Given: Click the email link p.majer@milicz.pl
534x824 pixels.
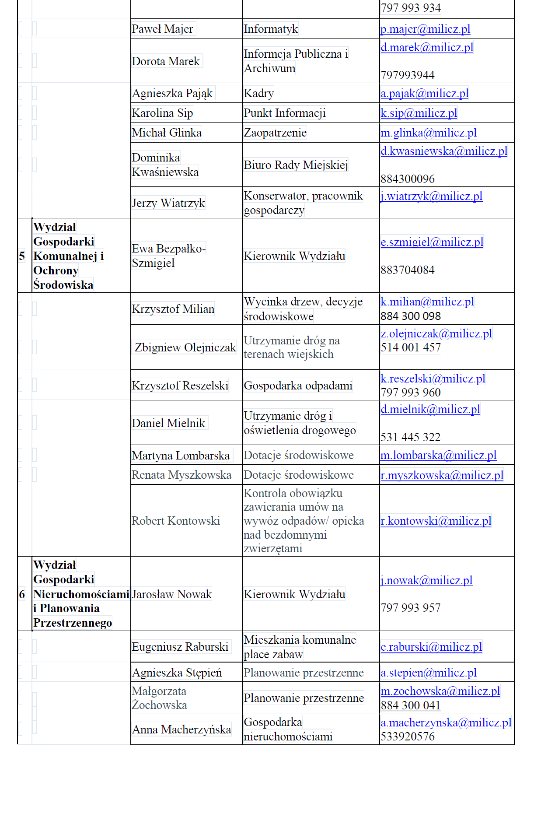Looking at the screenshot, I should click(425, 29).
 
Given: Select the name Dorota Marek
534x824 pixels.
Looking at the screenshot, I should click(166, 61).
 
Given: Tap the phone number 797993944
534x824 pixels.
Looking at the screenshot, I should click(407, 75).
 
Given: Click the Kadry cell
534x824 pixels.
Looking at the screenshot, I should click(259, 93).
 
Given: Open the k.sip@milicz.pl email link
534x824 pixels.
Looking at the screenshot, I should click(419, 113).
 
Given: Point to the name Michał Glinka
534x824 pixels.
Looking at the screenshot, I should click(167, 133).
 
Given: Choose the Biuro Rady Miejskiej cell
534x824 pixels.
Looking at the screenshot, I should click(296, 165).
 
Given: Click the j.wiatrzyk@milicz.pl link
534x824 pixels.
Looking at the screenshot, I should click(431, 196).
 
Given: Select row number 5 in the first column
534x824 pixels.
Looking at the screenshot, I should click(22, 256).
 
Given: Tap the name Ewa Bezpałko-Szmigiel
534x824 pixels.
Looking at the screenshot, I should click(168, 256).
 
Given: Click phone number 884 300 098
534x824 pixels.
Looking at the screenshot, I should click(410, 316).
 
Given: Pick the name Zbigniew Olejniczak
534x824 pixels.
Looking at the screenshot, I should click(185, 347).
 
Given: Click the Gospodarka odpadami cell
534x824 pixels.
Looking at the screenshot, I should click(298, 386).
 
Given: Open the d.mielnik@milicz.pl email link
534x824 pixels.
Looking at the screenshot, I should click(430, 409).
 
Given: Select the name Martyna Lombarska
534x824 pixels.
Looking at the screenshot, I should click(181, 456).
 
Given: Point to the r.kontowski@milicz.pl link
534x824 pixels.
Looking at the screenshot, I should click(436, 521).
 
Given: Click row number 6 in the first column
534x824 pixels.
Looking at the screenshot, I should click(22, 594).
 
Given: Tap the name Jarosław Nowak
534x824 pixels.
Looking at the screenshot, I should click(171, 594).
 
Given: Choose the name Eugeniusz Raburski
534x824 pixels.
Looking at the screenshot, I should click(180, 647).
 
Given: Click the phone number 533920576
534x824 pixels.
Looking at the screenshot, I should click(407, 736).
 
